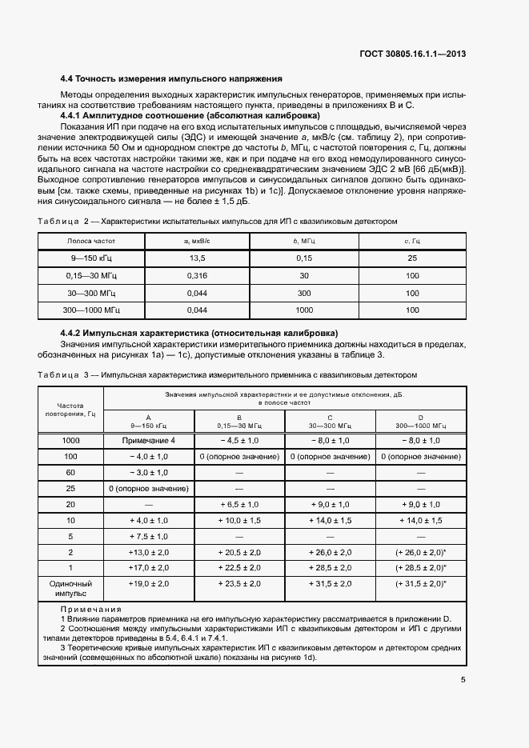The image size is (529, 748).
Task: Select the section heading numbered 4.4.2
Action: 199,332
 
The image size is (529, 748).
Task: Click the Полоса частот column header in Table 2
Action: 90,241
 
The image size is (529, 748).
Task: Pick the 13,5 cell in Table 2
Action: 197,258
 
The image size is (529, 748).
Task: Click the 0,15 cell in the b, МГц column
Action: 304,258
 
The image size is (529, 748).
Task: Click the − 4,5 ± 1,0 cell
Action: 239,441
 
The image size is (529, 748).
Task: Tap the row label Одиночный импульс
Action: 70,590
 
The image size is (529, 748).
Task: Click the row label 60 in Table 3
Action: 70,473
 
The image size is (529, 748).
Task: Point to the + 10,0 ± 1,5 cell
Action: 239,520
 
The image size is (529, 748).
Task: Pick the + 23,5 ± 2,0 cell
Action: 239,585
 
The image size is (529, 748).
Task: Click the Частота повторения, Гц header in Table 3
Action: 70,409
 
